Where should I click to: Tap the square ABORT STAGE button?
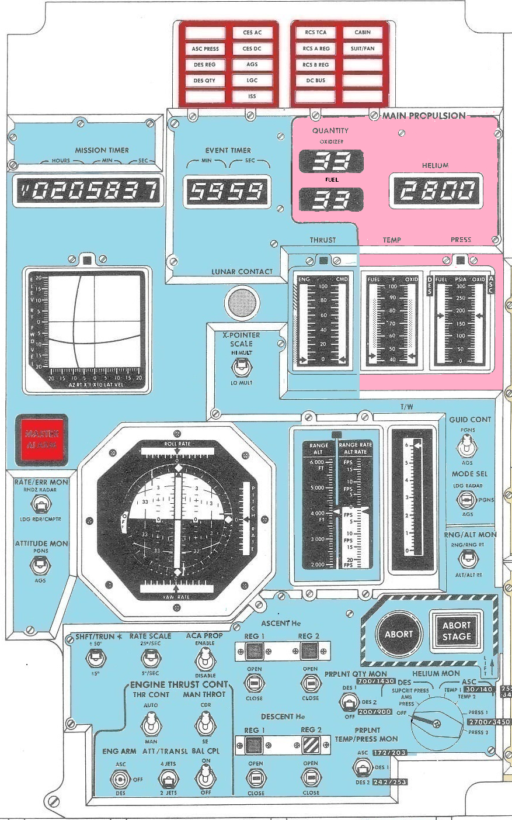tap(456, 631)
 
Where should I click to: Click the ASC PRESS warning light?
tap(205, 49)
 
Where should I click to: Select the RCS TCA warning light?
tap(315, 33)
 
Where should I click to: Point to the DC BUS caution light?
tap(315, 81)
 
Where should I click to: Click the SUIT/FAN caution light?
tap(363, 49)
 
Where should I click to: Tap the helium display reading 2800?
tap(436, 191)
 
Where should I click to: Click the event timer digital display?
tap(228, 192)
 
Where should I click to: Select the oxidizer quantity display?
tap(331, 162)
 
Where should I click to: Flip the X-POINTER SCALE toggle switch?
tap(241, 367)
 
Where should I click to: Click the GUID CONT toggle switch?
tap(467, 449)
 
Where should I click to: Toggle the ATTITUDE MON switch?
tap(40, 565)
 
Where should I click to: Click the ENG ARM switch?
tap(121, 779)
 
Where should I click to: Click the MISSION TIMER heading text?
tap(102, 150)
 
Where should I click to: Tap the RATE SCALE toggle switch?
tap(150, 659)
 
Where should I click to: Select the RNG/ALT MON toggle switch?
tap(467, 559)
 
